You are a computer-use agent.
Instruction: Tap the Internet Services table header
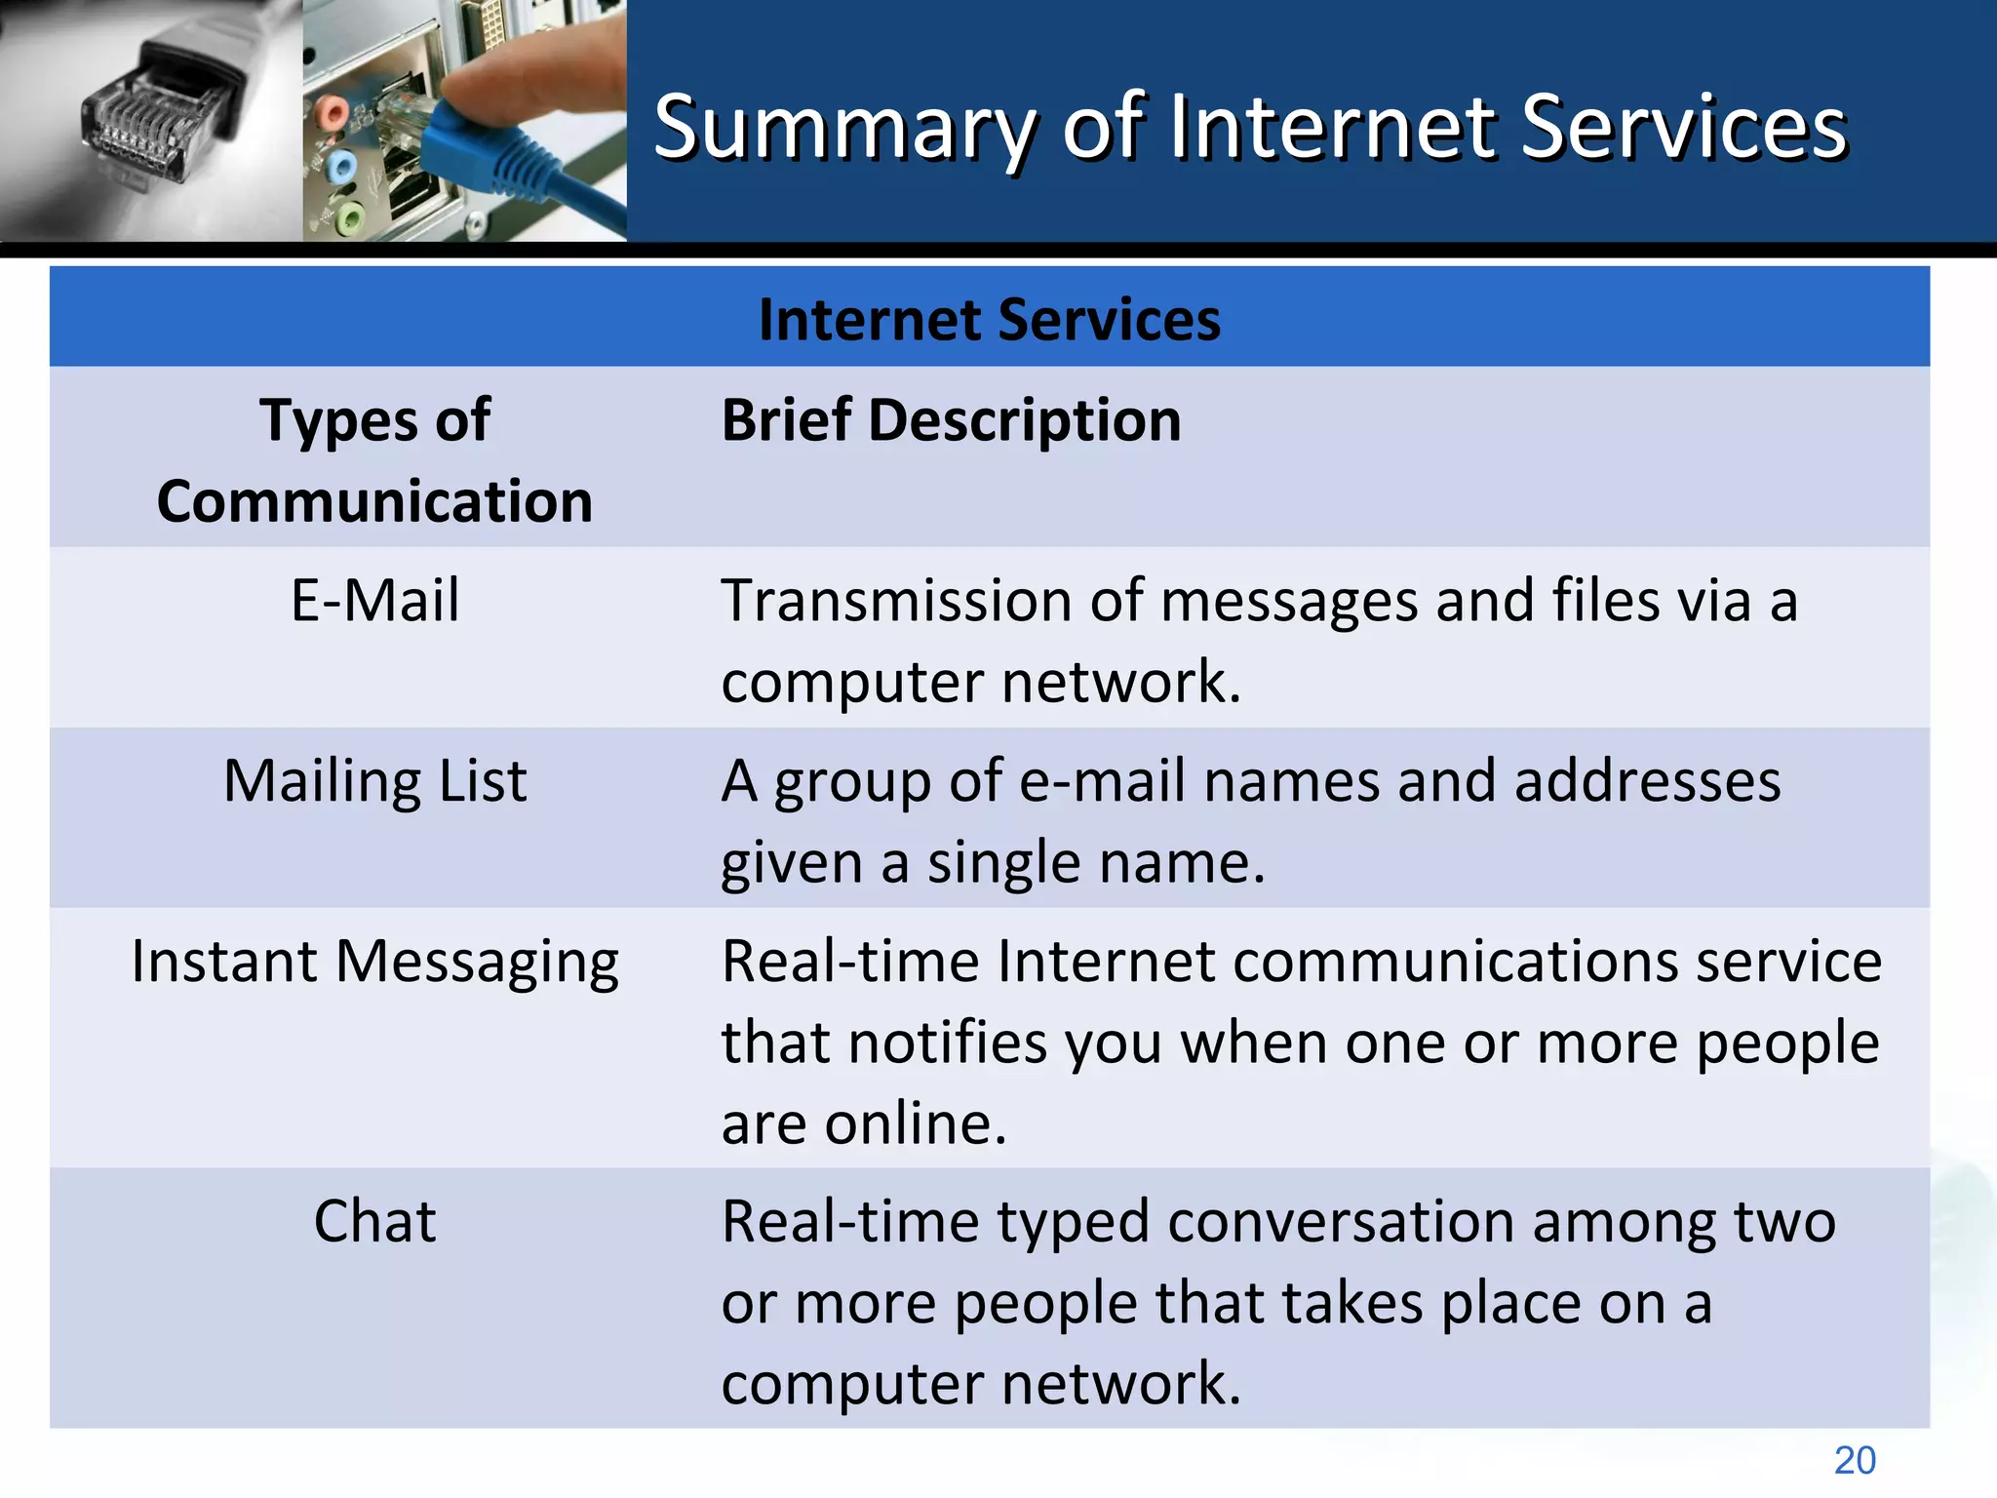click(x=989, y=319)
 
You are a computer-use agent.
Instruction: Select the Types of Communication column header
click(x=374, y=459)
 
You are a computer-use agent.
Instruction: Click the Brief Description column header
click(x=951, y=420)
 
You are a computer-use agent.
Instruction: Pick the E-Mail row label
click(x=374, y=600)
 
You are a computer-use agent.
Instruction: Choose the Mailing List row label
click(x=374, y=781)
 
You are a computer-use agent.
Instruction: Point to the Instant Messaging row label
click(x=374, y=962)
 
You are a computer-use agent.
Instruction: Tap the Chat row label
click(x=374, y=1221)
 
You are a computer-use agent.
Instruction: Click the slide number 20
click(x=1854, y=1460)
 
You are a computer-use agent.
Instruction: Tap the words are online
click(x=863, y=1123)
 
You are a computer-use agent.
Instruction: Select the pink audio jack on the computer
click(x=332, y=110)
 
